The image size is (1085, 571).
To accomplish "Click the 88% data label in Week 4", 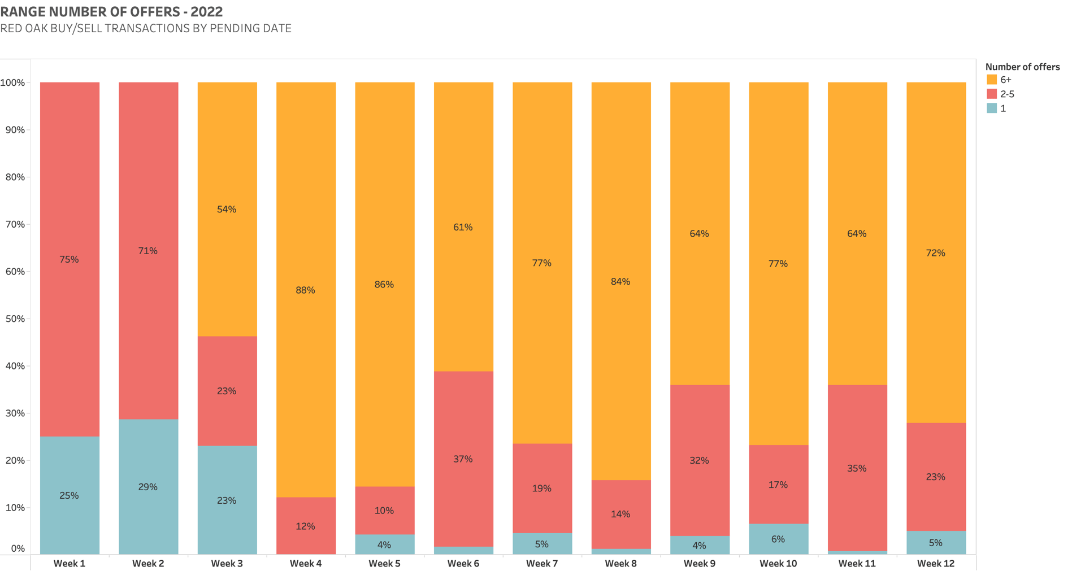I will click(x=305, y=290).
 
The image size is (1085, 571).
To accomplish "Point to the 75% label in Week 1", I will click(x=69, y=260).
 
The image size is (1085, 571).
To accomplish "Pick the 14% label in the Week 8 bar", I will click(x=620, y=514).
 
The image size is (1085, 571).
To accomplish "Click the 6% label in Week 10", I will click(x=778, y=539).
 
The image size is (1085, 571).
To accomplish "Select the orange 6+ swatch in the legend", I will click(x=992, y=80).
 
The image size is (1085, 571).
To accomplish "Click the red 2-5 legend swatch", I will click(x=992, y=94).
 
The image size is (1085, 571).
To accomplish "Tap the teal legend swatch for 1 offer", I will click(x=992, y=108).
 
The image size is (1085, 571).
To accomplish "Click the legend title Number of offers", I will click(x=1022, y=67).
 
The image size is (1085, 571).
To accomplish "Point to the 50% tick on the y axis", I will click(x=12, y=319).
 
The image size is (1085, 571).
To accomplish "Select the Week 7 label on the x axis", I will click(x=542, y=563).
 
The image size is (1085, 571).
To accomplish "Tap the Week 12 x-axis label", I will click(x=936, y=563).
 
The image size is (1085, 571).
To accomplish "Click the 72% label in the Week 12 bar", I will click(x=936, y=253).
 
